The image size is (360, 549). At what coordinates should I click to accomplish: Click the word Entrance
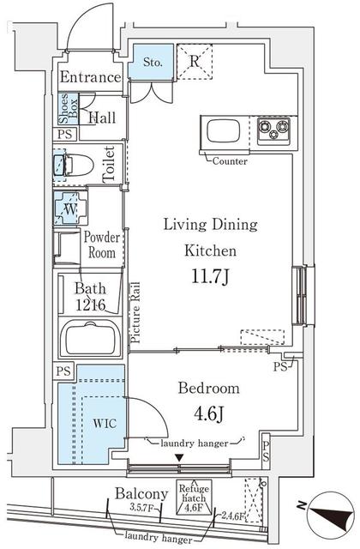(x=91, y=77)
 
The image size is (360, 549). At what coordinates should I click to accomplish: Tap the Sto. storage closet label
(x=153, y=61)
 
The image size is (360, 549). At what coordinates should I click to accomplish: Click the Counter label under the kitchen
(x=230, y=161)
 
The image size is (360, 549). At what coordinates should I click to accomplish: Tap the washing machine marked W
(x=68, y=208)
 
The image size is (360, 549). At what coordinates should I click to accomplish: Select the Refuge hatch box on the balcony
(x=195, y=495)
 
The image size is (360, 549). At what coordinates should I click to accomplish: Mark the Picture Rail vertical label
(x=135, y=314)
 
